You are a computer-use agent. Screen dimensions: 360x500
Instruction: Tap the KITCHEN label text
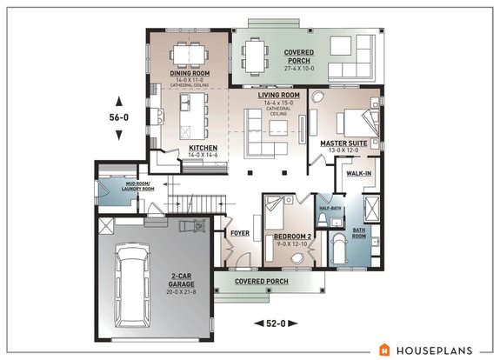(203, 148)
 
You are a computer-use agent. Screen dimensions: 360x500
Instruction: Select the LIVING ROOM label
(278, 95)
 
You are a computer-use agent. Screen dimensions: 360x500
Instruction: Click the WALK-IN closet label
(360, 173)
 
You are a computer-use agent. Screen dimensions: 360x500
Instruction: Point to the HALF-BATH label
(330, 207)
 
